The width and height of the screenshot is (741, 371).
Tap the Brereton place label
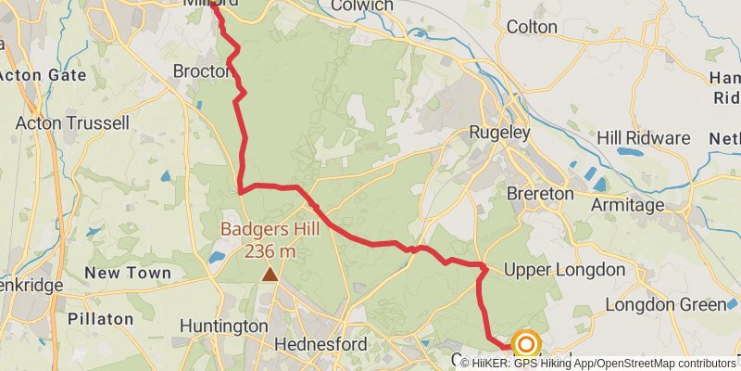540,195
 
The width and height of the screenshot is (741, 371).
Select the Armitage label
628,205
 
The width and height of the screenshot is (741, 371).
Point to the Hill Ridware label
644,138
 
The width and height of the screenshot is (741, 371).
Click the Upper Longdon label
564,270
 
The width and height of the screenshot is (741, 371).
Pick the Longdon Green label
665,305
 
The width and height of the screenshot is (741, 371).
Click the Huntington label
223,326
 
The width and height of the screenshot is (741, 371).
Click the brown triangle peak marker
270,274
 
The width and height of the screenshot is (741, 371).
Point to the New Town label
128,273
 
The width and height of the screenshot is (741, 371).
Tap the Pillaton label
101,318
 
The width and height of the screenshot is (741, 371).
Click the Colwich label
362,6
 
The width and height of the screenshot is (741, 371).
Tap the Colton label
532,27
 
